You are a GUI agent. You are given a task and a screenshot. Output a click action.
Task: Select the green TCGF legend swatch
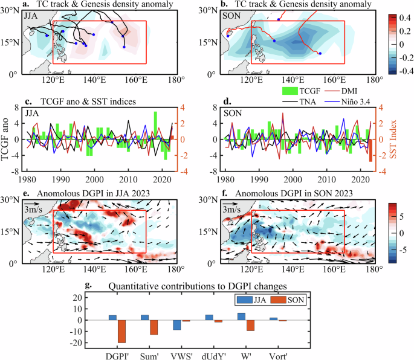291,91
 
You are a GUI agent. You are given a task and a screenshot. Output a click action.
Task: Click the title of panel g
208,286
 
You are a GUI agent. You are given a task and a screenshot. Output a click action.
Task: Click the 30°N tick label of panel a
11,10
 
